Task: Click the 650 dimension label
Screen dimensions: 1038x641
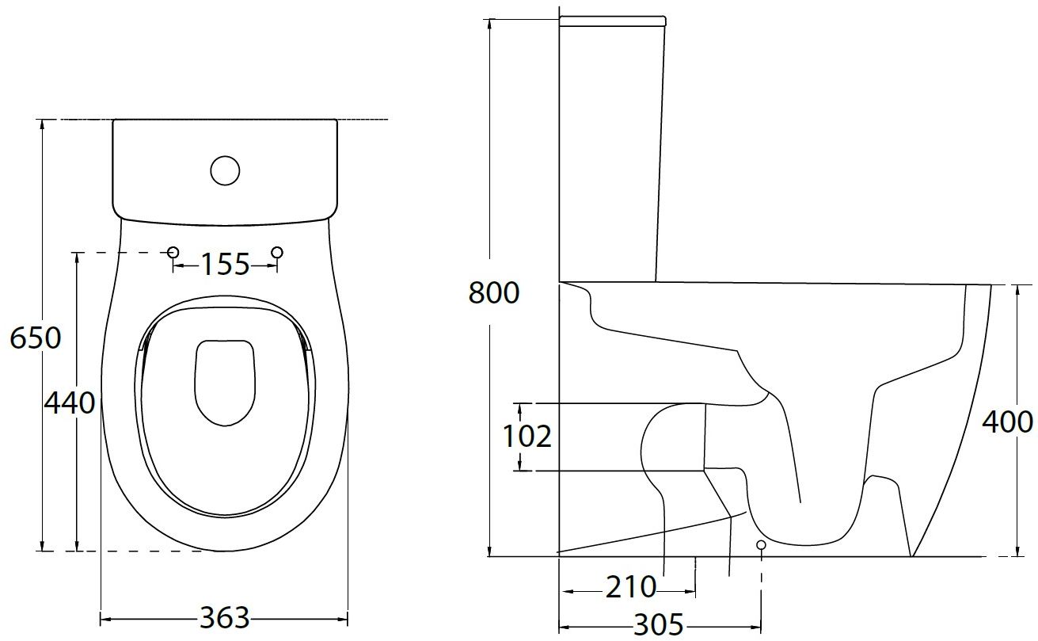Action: pyautogui.click(x=35, y=338)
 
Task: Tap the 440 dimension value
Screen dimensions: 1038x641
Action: pyautogui.click(x=70, y=403)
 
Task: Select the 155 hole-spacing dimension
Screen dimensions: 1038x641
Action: pyautogui.click(x=225, y=265)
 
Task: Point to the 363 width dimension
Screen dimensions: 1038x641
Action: pyautogui.click(x=224, y=618)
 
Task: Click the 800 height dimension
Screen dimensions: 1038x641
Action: pyautogui.click(x=494, y=292)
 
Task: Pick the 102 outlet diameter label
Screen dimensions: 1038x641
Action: pyautogui.click(x=527, y=437)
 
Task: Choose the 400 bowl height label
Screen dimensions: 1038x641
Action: pyautogui.click(x=1008, y=422)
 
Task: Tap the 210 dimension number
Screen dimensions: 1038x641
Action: pyautogui.click(x=631, y=587)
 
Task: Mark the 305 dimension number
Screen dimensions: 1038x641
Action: pyautogui.click(x=658, y=625)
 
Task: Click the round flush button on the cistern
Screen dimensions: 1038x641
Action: pyautogui.click(x=225, y=170)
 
